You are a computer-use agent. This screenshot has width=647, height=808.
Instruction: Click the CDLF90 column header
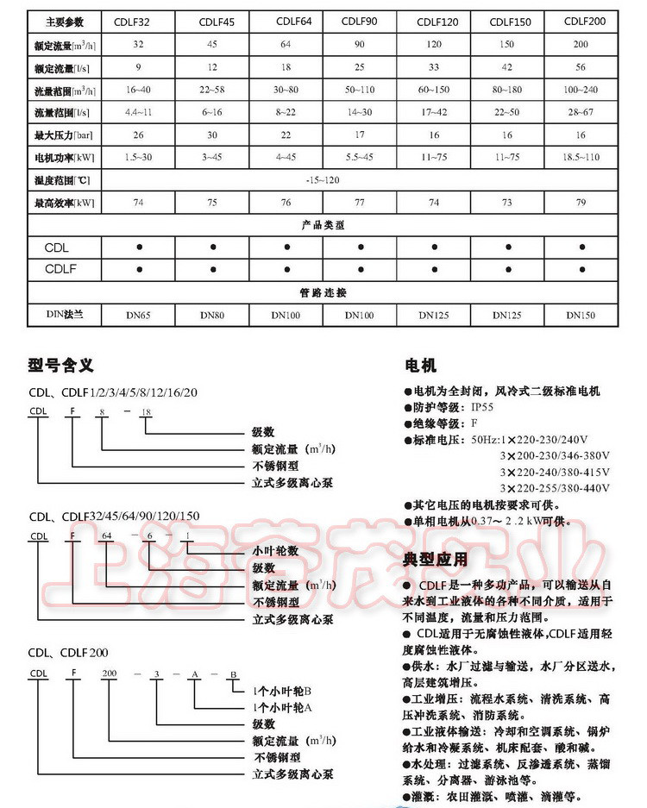pyautogui.click(x=358, y=20)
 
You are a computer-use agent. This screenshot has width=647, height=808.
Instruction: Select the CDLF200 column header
pyautogui.click(x=581, y=20)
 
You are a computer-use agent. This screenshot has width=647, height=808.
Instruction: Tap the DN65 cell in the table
pyautogui.click(x=139, y=316)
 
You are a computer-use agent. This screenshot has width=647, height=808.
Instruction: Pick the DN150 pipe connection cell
pyautogui.click(x=581, y=316)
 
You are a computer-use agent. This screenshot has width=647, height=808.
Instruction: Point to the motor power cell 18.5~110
pyautogui.click(x=581, y=159)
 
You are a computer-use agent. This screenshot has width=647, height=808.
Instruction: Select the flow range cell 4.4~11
pyautogui.click(x=139, y=112)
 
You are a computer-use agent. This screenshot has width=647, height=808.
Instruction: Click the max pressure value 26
pyautogui.click(x=139, y=135)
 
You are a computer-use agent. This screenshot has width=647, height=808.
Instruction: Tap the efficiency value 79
pyautogui.click(x=581, y=204)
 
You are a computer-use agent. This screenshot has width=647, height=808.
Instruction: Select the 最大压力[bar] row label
pyautogui.click(x=62, y=135)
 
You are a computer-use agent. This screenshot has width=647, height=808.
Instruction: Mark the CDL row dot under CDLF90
pyautogui.click(x=359, y=247)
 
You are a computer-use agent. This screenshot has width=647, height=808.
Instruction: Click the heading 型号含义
pyautogui.click(x=60, y=366)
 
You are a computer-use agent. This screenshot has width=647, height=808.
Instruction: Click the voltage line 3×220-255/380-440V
pyautogui.click(x=555, y=488)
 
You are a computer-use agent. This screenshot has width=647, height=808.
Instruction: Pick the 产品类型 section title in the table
pyautogui.click(x=323, y=225)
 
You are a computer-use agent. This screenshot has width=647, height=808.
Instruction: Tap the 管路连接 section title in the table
pyautogui.click(x=323, y=293)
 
